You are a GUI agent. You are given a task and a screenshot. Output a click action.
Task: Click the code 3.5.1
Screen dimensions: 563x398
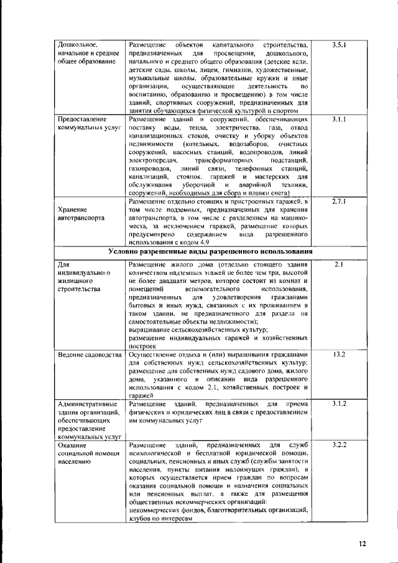tap(339, 45)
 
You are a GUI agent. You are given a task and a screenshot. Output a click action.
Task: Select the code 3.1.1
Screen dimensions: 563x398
tap(339, 118)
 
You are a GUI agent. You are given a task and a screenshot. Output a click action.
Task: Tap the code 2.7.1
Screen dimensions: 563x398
tap(339, 202)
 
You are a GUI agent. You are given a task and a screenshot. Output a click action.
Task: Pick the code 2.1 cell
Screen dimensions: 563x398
tap(339, 282)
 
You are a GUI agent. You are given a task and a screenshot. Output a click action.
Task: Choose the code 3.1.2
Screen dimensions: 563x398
tap(339, 404)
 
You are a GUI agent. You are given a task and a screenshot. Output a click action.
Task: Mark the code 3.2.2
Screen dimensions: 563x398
tap(339, 445)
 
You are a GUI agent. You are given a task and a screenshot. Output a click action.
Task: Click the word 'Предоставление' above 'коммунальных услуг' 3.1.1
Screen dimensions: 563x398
tap(82, 118)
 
